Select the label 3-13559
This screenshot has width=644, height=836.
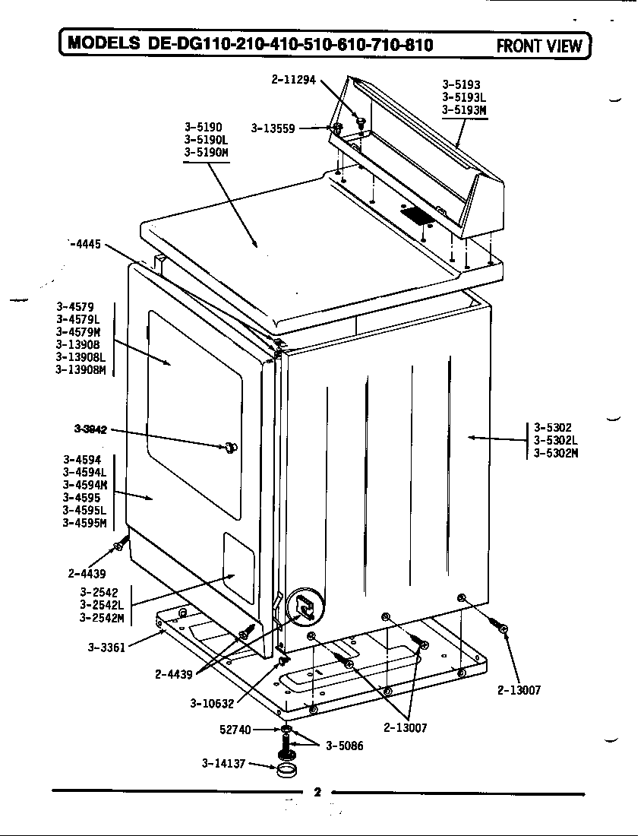273,128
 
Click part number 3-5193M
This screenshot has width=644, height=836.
463,109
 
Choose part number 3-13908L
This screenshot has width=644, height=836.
80,357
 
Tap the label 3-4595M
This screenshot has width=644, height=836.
84,523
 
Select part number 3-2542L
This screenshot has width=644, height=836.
101,605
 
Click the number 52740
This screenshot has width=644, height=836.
235,730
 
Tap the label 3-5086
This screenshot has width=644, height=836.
344,746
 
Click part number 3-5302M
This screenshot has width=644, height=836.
556,454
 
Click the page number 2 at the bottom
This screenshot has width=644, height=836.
317,793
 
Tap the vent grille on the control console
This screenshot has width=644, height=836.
416,216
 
